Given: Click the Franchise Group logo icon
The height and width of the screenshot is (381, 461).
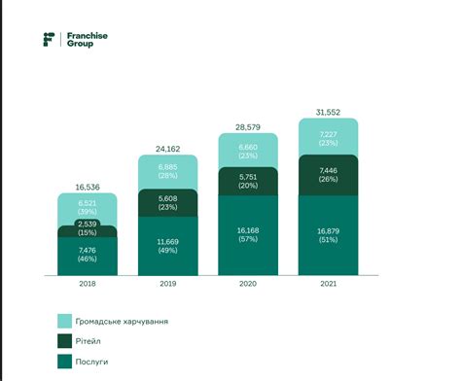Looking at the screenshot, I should (x=50, y=39).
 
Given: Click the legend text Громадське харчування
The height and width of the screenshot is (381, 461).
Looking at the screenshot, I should (x=121, y=320).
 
